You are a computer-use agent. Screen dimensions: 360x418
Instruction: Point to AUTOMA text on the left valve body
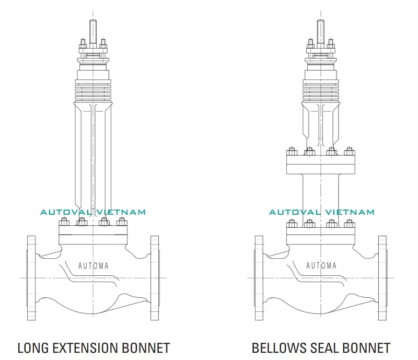click(94, 265)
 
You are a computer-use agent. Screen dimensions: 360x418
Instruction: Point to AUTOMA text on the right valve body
click(321, 265)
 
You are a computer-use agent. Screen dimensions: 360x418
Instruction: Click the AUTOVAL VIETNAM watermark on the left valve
click(94, 212)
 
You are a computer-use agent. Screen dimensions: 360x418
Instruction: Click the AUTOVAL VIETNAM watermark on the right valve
click(322, 212)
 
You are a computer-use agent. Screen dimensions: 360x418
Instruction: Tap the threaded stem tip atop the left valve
click(93, 29)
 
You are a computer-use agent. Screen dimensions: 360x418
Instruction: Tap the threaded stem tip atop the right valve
click(321, 29)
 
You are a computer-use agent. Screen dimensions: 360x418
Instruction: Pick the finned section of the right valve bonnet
click(321, 89)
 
